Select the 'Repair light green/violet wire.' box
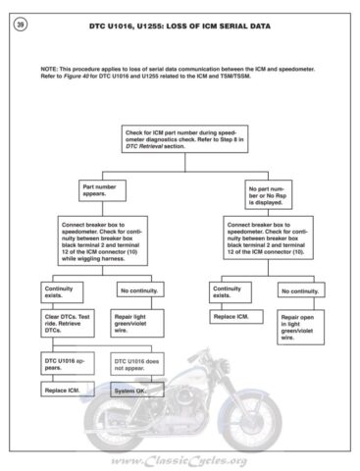pyautogui.click(x=138, y=327)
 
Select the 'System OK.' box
pyautogui.click(x=138, y=391)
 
